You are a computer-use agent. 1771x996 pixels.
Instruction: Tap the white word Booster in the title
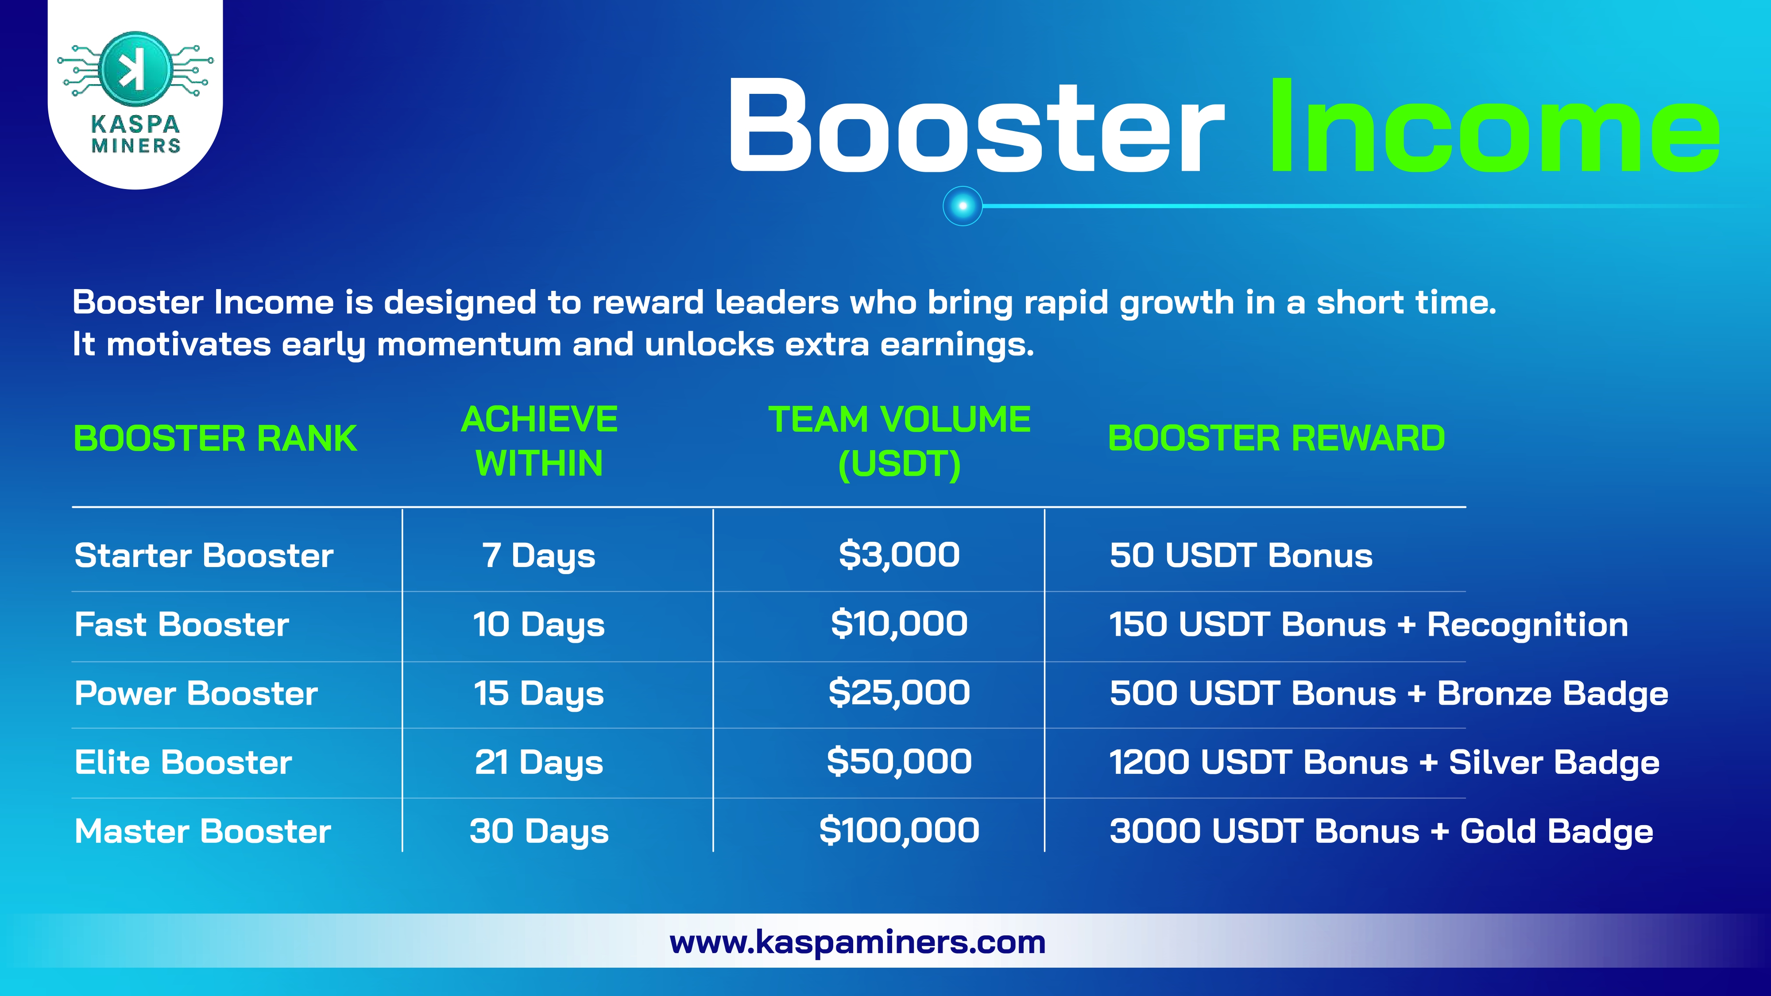tap(976, 126)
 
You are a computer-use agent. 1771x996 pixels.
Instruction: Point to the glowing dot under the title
tap(963, 205)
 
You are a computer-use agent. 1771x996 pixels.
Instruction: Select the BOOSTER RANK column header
tap(215, 439)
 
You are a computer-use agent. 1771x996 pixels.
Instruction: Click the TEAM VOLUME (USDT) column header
tap(899, 441)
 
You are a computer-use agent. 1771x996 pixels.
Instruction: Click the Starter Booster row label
tap(204, 556)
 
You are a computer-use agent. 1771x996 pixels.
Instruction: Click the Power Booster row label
tap(196, 693)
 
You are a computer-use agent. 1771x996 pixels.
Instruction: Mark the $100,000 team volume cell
tap(899, 830)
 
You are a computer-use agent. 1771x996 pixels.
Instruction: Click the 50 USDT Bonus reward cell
tap(1241, 556)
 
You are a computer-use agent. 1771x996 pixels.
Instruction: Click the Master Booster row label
tap(203, 831)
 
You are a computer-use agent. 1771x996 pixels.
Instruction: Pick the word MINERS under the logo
tap(136, 146)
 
